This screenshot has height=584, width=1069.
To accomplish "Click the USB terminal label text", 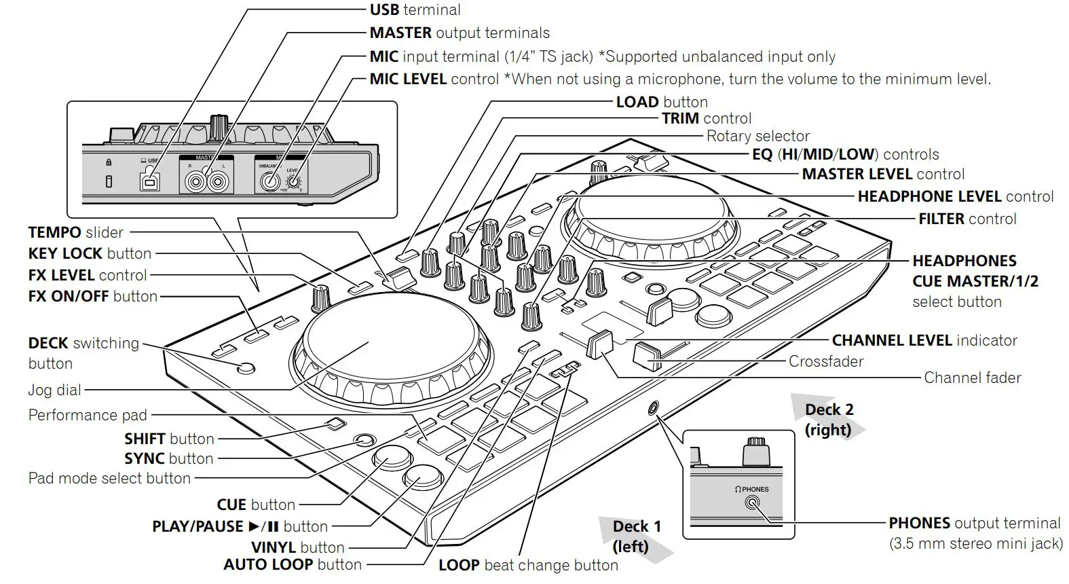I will tap(415, 10).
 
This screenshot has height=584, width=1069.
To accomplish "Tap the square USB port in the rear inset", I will tap(149, 181).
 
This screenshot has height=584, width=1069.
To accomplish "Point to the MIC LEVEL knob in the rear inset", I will tap(293, 181).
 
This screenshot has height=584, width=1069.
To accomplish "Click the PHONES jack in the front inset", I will tap(752, 503).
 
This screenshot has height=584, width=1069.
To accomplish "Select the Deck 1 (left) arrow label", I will tap(636, 536).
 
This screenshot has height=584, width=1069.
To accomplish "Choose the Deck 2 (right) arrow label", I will tap(828, 419).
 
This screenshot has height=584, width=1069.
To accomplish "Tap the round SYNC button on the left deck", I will tap(364, 441).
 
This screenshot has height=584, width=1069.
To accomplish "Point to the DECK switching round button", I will tap(246, 369).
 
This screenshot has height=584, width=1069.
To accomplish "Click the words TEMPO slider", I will tap(75, 232).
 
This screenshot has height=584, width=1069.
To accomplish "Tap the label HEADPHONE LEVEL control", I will tap(955, 196).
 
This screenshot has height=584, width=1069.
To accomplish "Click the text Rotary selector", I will tap(757, 136).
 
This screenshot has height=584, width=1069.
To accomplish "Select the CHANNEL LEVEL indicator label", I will tap(924, 340).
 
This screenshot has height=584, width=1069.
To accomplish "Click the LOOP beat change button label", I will tap(528, 565).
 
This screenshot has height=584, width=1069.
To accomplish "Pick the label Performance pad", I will tap(88, 415).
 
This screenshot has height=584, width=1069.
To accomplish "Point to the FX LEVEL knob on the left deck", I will tap(321, 297).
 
